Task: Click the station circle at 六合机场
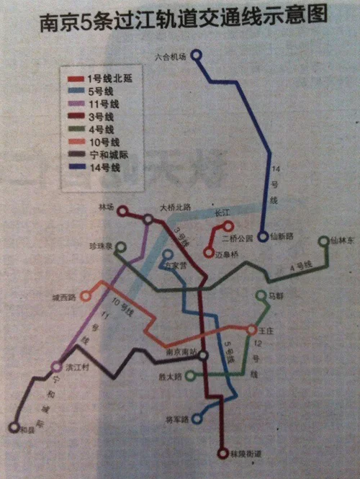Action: (197, 55)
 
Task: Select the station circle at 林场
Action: (122, 211)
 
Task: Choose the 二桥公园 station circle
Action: (228, 226)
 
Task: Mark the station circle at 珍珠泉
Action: (121, 248)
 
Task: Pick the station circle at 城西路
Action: (86, 295)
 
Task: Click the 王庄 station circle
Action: (251, 329)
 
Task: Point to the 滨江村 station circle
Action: (57, 367)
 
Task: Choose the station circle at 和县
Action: (13, 427)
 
